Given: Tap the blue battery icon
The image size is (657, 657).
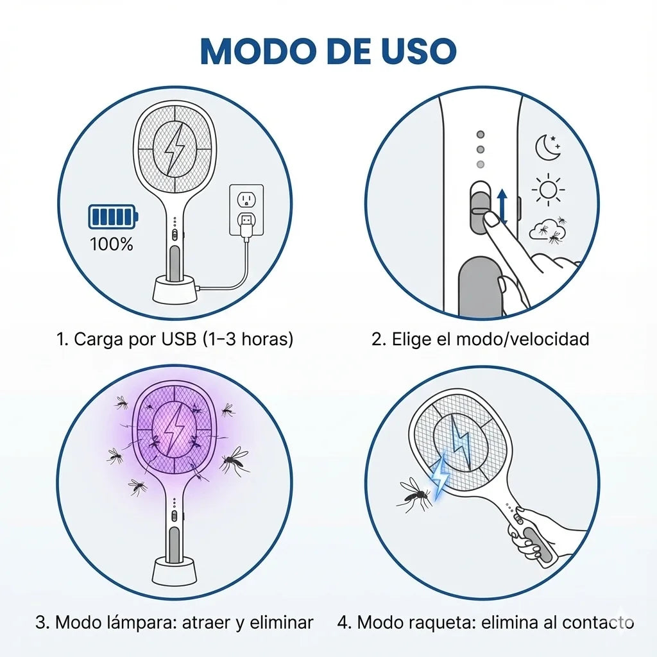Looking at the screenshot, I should coord(113,216).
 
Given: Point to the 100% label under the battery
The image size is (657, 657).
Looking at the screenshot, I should coord(112,244).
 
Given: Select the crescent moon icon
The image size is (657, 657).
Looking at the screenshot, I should coord(547,148).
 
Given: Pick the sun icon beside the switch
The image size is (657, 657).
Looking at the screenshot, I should coord(548,189).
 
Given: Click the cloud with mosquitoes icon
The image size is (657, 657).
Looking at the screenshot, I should coord(547,230).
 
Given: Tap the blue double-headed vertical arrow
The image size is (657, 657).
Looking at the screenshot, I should coord(502,207).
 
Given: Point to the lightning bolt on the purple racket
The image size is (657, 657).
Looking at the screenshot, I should coord(173,431).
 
